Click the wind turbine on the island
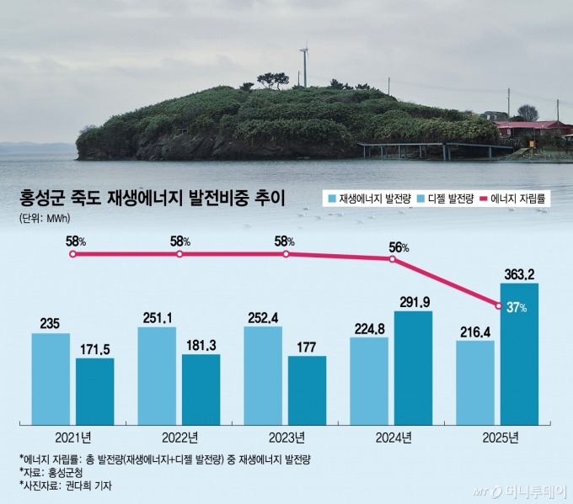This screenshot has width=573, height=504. coord(303,66)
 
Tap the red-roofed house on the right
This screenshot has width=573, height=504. coord(531,129)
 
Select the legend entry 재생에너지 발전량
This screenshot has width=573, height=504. coord(371,199)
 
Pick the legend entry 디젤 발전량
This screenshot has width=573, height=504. coord(445,199)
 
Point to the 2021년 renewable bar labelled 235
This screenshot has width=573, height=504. coord(51,377)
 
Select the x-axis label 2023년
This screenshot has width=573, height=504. coord(286,437)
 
